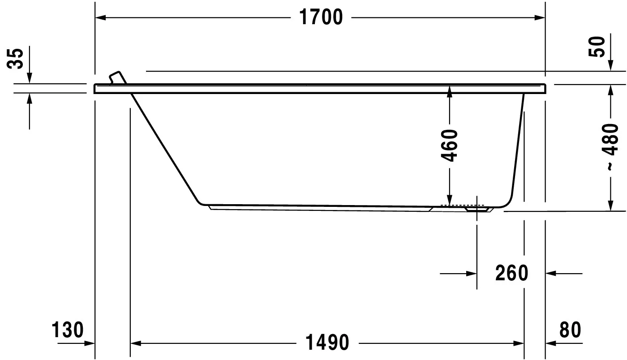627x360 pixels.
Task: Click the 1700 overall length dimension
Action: tap(320, 17)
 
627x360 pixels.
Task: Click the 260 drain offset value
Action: tap(512, 273)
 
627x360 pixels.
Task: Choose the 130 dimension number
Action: tap(68, 330)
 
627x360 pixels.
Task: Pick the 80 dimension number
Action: tap(570, 330)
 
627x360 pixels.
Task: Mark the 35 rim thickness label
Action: tap(16, 58)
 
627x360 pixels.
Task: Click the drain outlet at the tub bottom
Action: tap(477, 208)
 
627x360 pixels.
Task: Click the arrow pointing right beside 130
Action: tap(90, 343)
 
